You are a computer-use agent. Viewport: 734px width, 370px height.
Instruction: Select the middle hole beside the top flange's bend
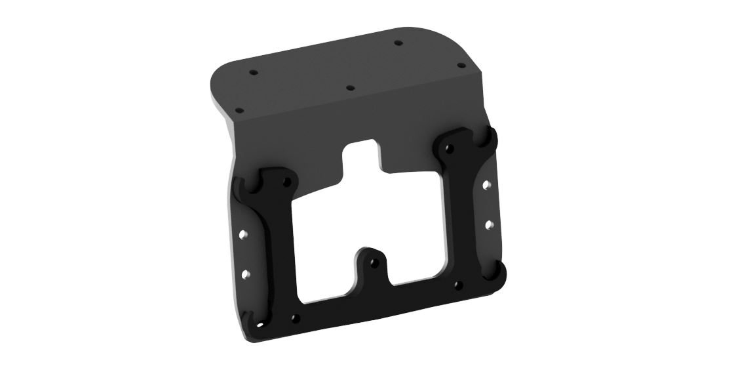pos(350,87)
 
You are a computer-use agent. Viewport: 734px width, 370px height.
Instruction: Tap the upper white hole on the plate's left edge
pos(243,233)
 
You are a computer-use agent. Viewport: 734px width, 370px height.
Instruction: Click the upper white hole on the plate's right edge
pos(486,185)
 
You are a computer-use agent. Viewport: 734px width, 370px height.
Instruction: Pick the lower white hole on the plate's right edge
pos(488,224)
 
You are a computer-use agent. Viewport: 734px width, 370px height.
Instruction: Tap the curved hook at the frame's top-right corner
pos(488,137)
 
